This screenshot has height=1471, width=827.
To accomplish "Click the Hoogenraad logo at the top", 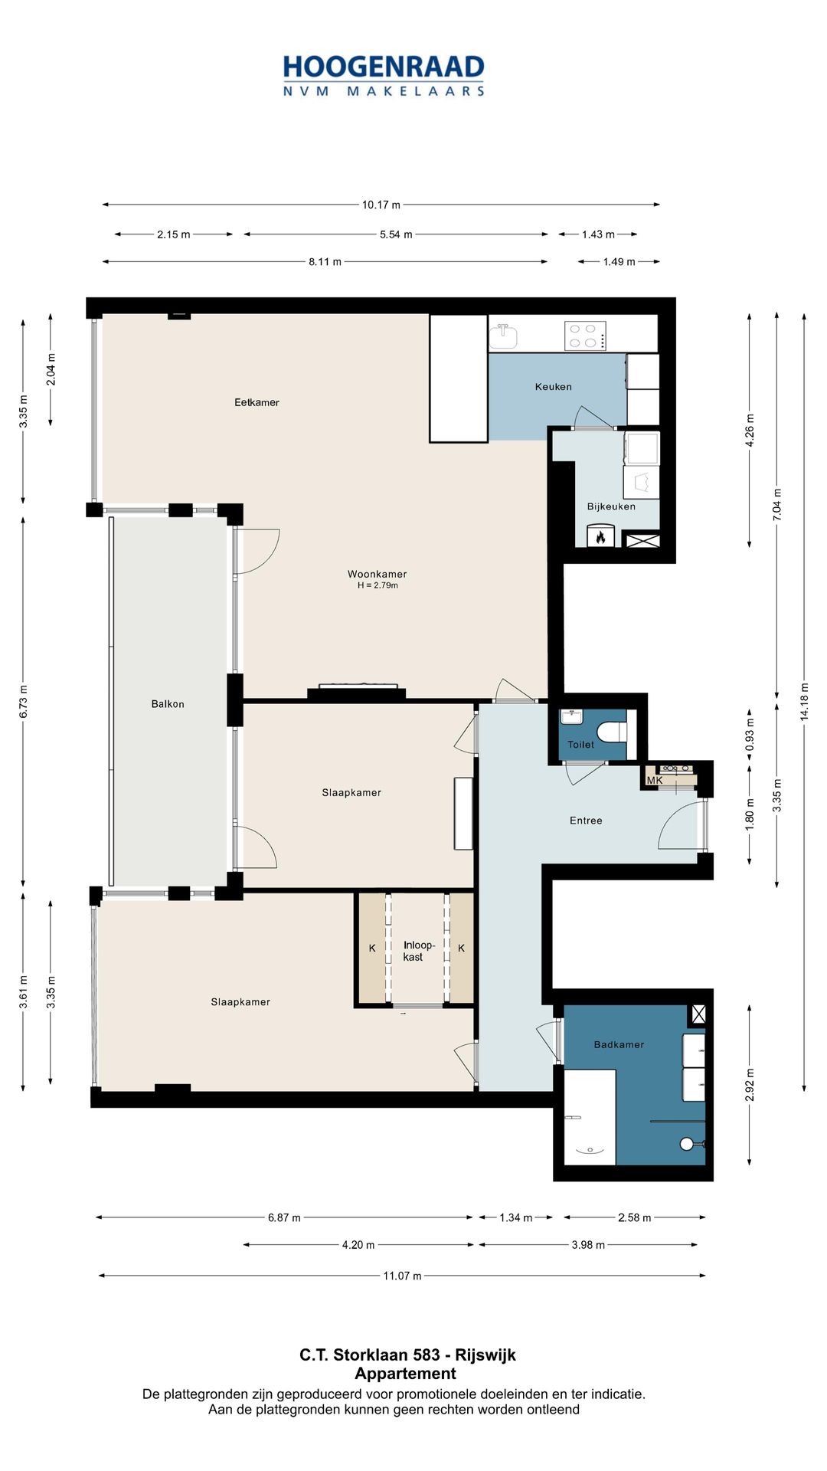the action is [x=384, y=75].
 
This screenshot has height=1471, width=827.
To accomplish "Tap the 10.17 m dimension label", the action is [x=381, y=205].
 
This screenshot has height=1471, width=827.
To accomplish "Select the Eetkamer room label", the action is [x=257, y=402].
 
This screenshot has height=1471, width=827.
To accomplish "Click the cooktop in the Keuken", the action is [x=585, y=336].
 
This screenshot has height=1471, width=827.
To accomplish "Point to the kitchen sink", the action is [x=503, y=335].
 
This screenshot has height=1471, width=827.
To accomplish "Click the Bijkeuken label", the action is [x=611, y=506].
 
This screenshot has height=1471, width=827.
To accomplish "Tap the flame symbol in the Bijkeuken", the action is [x=601, y=536].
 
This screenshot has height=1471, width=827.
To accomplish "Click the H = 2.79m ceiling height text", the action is [x=378, y=586].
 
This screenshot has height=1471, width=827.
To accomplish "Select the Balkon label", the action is [x=168, y=704].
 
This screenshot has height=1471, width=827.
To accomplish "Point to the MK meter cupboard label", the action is [x=655, y=781].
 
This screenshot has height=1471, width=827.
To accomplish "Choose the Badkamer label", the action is [x=619, y=1044].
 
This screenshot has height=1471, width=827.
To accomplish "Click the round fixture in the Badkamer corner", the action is [x=687, y=1144].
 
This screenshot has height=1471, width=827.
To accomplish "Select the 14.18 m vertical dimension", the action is [x=804, y=702].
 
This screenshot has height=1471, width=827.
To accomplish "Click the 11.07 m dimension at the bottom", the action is [x=402, y=1276].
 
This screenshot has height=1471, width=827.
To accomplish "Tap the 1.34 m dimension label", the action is [x=515, y=1217].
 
